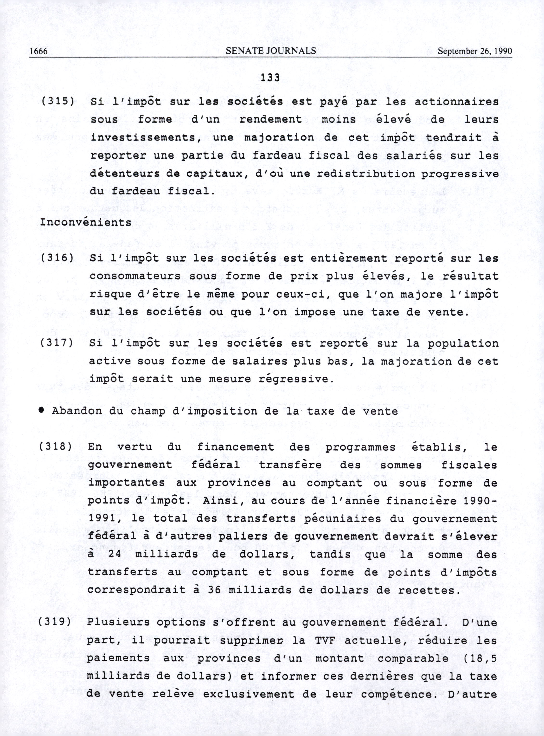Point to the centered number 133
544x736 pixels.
pyautogui.click(x=270, y=77)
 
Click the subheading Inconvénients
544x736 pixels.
pyautogui.click(x=86, y=223)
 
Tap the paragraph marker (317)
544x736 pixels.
pyautogui.click(x=56, y=343)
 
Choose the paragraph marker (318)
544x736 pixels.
pyautogui.click(x=55, y=447)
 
